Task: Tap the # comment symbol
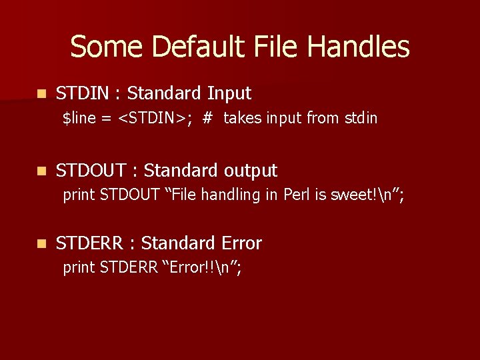pyautogui.click(x=207, y=119)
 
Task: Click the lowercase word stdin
pyautogui.click(x=361, y=119)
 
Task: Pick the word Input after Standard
pyautogui.click(x=229, y=93)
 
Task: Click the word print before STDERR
pyautogui.click(x=79, y=268)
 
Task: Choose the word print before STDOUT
pyautogui.click(x=79, y=195)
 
